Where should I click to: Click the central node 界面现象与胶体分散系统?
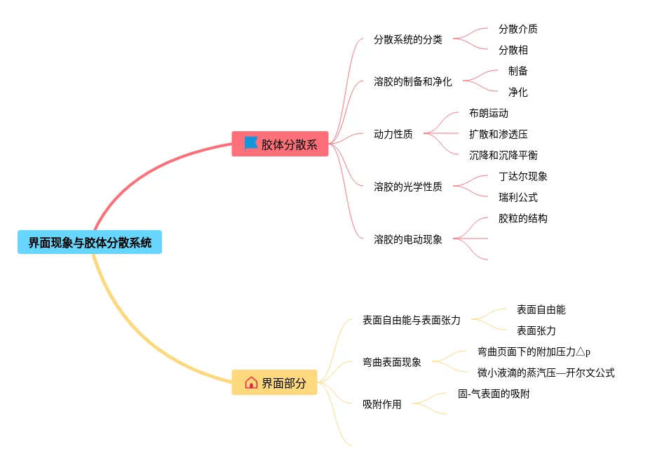point(90,243)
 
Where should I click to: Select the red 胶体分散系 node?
point(280,145)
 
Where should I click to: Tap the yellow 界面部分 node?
point(275,383)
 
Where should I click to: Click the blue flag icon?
point(251,143)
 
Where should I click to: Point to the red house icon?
point(251,383)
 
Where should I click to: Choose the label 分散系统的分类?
point(408,39)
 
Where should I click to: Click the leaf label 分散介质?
point(518,29)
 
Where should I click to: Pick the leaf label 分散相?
point(513,50)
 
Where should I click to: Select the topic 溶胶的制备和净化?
point(413,81)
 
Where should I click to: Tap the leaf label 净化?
point(518,92)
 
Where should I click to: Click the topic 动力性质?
point(393,134)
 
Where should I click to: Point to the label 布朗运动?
point(489,113)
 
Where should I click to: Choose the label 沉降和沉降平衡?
point(503,155)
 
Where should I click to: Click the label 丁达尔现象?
point(523,176)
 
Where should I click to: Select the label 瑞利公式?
point(518,197)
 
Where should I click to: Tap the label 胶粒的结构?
point(523,218)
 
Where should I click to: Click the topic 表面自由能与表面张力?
point(412,320)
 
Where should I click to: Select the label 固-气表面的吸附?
point(494,394)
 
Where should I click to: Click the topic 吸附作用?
point(382,404)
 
